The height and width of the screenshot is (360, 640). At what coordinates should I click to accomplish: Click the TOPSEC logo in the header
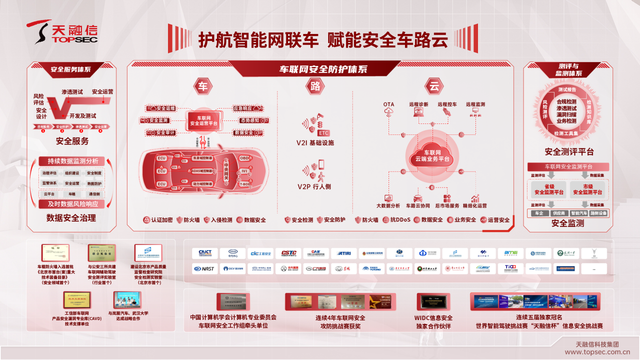pyautogui.click(x=62, y=32)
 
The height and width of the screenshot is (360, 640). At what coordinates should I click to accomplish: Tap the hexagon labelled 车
pyautogui.click(x=202, y=86)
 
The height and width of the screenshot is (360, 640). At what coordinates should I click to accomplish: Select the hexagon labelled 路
pyautogui.click(x=315, y=86)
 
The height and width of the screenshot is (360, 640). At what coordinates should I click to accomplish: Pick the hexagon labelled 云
pyautogui.click(x=434, y=86)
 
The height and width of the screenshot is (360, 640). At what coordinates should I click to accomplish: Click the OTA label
pyautogui.click(x=388, y=104)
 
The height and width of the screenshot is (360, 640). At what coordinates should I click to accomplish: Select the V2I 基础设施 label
pyautogui.click(x=314, y=143)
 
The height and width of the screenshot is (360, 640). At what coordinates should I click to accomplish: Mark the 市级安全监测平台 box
pyautogui.click(x=587, y=189)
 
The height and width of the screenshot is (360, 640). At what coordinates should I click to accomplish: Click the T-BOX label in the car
pyautogui.click(x=244, y=184)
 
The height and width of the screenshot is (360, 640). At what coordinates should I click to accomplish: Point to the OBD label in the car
pyautogui.click(x=244, y=158)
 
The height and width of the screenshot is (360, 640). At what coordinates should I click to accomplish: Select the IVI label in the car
pyautogui.click(x=244, y=171)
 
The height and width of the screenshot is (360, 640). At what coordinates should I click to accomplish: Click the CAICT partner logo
pyautogui.click(x=204, y=252)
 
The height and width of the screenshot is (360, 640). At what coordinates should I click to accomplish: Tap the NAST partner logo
pyautogui.click(x=204, y=268)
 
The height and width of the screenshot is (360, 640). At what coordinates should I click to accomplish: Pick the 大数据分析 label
pyautogui.click(x=388, y=205)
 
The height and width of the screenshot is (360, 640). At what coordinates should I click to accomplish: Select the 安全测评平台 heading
pyautogui.click(x=568, y=152)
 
